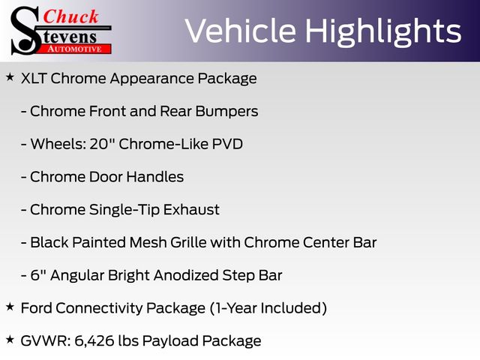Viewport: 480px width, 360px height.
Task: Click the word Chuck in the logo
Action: coord(70,16)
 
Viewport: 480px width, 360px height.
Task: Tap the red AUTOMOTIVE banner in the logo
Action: coord(76,49)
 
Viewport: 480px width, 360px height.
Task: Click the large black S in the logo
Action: coord(25,31)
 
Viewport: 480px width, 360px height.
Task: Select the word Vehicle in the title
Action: coord(241,31)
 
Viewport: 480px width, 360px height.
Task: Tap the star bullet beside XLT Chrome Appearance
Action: coord(10,77)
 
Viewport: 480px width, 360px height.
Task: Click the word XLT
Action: coord(33,78)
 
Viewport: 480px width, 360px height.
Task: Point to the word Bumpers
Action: coord(226,112)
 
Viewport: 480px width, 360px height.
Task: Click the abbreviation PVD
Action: coord(227,144)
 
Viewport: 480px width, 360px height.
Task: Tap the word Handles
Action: coord(155,177)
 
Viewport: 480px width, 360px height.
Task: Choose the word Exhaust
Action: coord(191,210)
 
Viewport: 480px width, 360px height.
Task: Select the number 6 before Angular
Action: coord(35,275)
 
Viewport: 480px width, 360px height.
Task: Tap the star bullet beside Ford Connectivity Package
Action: coord(10,307)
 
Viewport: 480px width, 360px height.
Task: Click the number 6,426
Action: coord(94,341)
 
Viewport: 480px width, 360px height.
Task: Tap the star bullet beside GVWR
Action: coord(10,340)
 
